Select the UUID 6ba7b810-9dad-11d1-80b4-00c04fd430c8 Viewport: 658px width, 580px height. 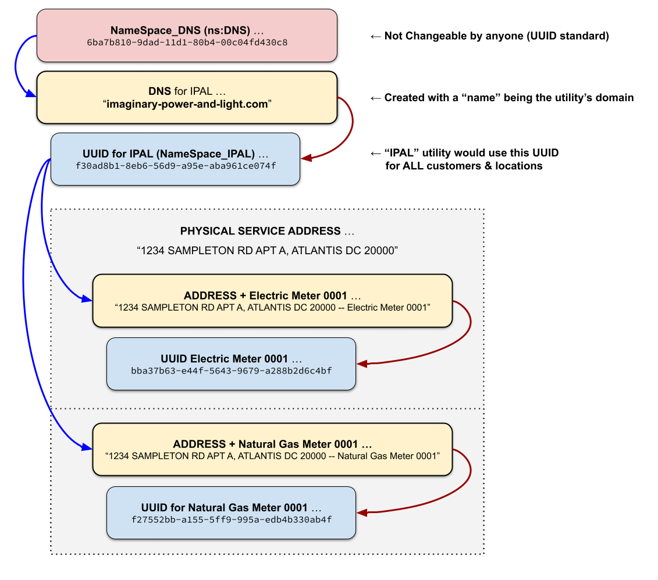[x=187, y=42]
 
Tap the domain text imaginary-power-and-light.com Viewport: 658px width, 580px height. [x=187, y=105]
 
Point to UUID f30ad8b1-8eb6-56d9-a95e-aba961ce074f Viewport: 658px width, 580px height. [x=175, y=166]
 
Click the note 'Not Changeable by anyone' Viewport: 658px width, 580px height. [x=496, y=36]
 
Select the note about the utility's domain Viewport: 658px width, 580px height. [x=508, y=98]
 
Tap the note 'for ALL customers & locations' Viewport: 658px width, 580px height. [x=464, y=166]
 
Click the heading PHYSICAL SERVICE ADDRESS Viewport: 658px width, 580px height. [x=261, y=231]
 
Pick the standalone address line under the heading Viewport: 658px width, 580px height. [x=266, y=251]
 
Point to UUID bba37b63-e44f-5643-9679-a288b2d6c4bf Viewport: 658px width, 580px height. [x=231, y=370]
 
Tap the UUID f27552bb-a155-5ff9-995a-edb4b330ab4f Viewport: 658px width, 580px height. [x=231, y=519]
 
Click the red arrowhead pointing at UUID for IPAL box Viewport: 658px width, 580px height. [x=306, y=158]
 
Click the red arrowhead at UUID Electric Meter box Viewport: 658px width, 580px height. [x=361, y=364]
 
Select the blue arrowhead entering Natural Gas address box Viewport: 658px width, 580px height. [x=87, y=447]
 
